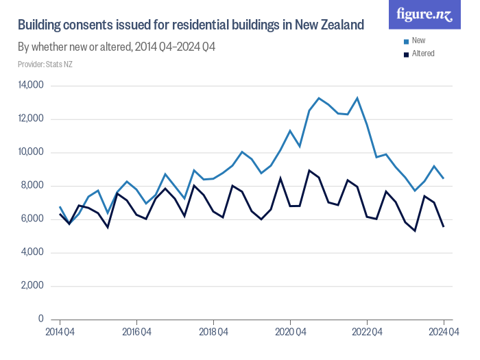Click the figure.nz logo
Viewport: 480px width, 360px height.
(424, 14)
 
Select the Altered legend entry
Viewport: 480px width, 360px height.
(422, 53)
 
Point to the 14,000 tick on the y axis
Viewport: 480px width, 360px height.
(30, 86)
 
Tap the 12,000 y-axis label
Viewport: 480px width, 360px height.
(30, 119)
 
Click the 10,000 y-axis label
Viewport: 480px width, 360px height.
(30, 152)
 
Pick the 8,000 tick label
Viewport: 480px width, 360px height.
(32, 186)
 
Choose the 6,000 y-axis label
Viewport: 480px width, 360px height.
(32, 219)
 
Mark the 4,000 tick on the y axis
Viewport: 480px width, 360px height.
(32, 252)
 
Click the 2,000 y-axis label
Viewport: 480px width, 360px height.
(32, 286)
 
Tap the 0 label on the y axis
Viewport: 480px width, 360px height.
(40, 320)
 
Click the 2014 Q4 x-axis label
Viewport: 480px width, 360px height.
(60, 333)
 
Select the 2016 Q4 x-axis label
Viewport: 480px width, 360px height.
(136, 333)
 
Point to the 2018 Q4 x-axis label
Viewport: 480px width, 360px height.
(213, 333)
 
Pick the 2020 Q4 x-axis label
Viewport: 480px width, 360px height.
(290, 333)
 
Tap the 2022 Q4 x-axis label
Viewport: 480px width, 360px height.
(367, 333)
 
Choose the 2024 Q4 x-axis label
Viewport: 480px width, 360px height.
(444, 333)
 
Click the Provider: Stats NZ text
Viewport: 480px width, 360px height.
(45, 64)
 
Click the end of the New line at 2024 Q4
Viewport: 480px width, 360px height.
(444, 178)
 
